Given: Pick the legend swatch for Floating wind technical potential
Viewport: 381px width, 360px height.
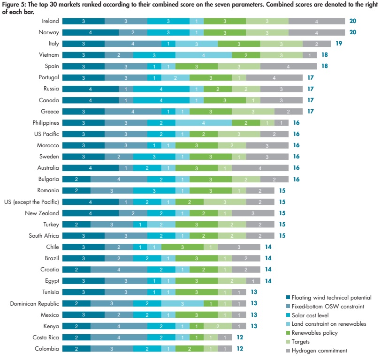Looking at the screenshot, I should point(288,298).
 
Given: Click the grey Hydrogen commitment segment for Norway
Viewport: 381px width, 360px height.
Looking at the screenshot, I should point(317,33).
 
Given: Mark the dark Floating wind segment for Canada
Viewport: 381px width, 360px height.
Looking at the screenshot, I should point(91,100).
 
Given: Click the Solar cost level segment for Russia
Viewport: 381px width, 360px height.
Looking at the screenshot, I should point(161,89).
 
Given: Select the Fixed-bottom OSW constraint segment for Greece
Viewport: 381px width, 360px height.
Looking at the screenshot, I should point(133,112).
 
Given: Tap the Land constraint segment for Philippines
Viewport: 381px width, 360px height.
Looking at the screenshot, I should point(204,123).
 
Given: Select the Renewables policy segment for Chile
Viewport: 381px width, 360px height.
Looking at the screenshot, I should point(183,247).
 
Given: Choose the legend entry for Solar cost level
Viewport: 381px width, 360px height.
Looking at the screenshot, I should point(308,315).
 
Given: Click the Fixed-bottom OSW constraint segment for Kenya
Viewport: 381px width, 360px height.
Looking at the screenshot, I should point(119,326).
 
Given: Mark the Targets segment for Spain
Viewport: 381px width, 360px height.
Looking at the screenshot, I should point(239,67).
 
